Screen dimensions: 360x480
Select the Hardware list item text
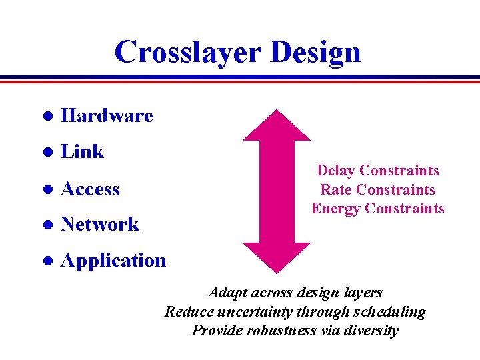pos(107,116)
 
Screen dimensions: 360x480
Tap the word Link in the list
pos(82,152)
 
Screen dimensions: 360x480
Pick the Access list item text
pos(90,189)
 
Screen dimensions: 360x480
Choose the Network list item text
pos(99,225)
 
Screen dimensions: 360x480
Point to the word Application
pos(113,261)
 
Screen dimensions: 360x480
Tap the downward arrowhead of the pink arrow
pos(277,257)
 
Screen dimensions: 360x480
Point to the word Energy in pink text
pos(336,209)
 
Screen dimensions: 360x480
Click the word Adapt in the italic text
pos(227,293)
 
